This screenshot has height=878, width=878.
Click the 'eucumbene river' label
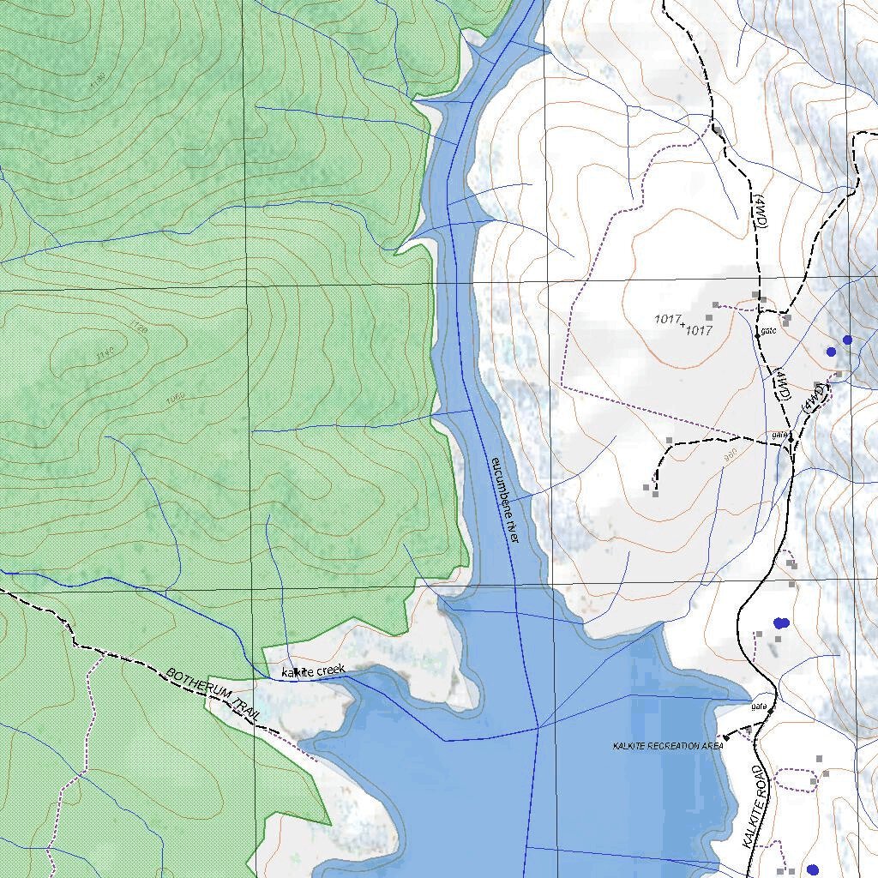coord(505,500)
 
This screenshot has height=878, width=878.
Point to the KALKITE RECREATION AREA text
coord(668,746)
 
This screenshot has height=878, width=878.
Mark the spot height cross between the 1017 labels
coord(683,324)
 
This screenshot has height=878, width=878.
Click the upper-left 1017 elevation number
coord(667,319)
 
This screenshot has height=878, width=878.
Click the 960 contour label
coord(731,457)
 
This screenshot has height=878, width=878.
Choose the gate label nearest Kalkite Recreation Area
coord(757,707)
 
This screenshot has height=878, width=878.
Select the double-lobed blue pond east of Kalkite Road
coord(780,622)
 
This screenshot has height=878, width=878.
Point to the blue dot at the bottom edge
coord(812,870)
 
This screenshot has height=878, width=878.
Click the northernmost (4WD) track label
coord(761,209)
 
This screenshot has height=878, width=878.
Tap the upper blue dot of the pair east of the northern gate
coord(847,340)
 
